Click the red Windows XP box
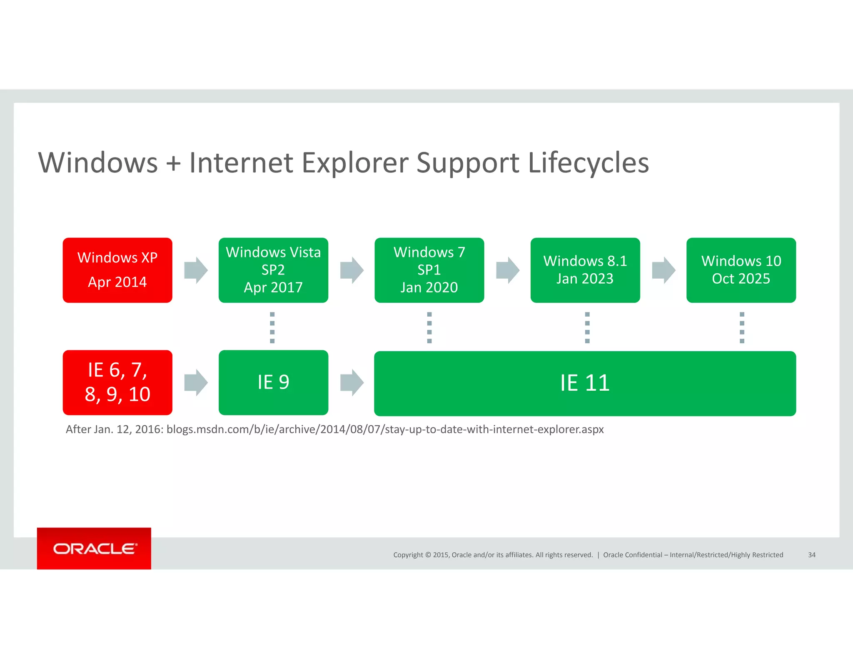(x=117, y=270)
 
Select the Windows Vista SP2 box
(x=273, y=270)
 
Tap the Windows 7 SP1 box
(x=429, y=270)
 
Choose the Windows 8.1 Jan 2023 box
(x=585, y=270)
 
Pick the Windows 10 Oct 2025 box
(x=741, y=270)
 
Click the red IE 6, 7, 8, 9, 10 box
(x=117, y=382)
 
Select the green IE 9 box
(x=273, y=382)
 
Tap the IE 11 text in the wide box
(x=585, y=383)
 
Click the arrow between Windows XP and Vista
(x=196, y=270)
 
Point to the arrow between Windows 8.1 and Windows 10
(x=663, y=270)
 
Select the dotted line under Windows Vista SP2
(x=272, y=327)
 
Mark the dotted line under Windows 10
(x=742, y=327)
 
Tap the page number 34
(x=811, y=555)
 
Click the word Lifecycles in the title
(x=588, y=162)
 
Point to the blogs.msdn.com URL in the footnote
(x=385, y=429)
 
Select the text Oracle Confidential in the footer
(x=632, y=555)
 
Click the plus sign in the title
(x=173, y=163)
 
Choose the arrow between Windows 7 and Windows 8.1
(x=508, y=270)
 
